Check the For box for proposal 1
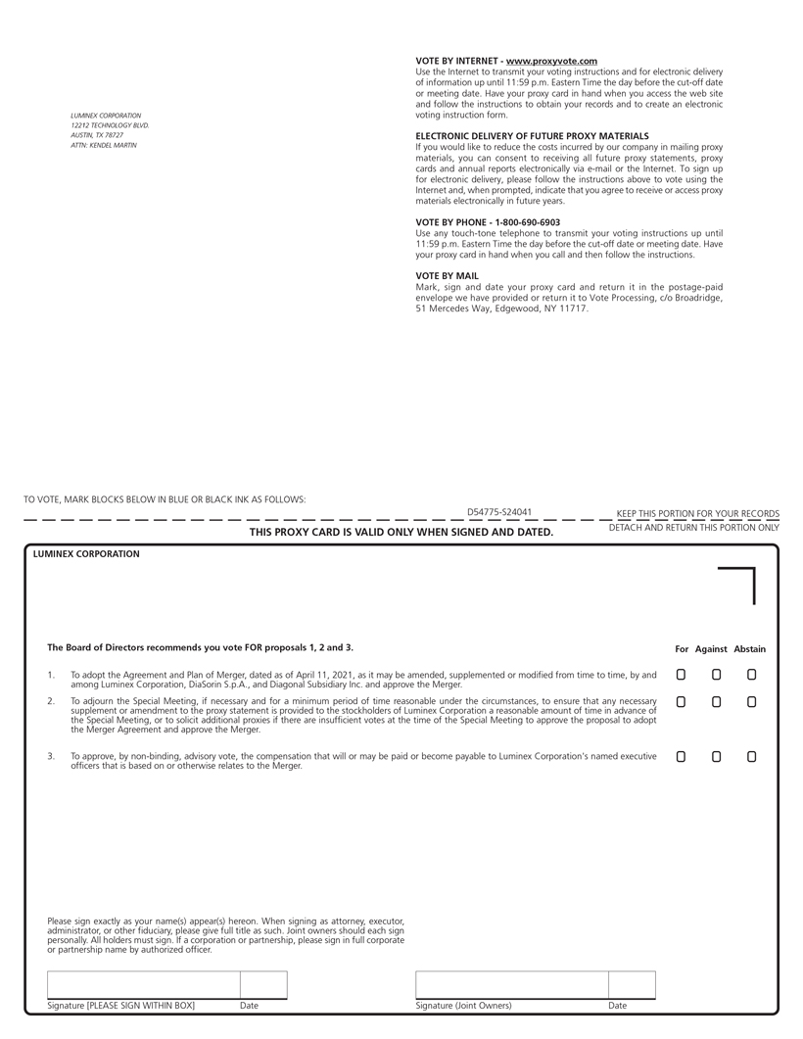pos(681,675)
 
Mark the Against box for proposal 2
pos(716,702)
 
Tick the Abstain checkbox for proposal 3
pos(751,757)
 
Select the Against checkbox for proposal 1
pos(716,675)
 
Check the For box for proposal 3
pos(681,757)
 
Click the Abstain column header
pos(750,649)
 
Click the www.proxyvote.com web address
pos(551,61)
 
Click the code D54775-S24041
pos(499,512)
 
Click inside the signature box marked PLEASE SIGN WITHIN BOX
pos(144,985)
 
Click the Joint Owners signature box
pos(511,985)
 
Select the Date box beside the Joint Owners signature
pos(632,985)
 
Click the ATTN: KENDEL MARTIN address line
pos(104,145)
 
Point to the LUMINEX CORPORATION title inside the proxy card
pos(86,554)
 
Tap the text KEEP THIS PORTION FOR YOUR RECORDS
pos(697,513)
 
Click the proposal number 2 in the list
pos(51,702)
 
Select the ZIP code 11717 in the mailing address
pos(575,308)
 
